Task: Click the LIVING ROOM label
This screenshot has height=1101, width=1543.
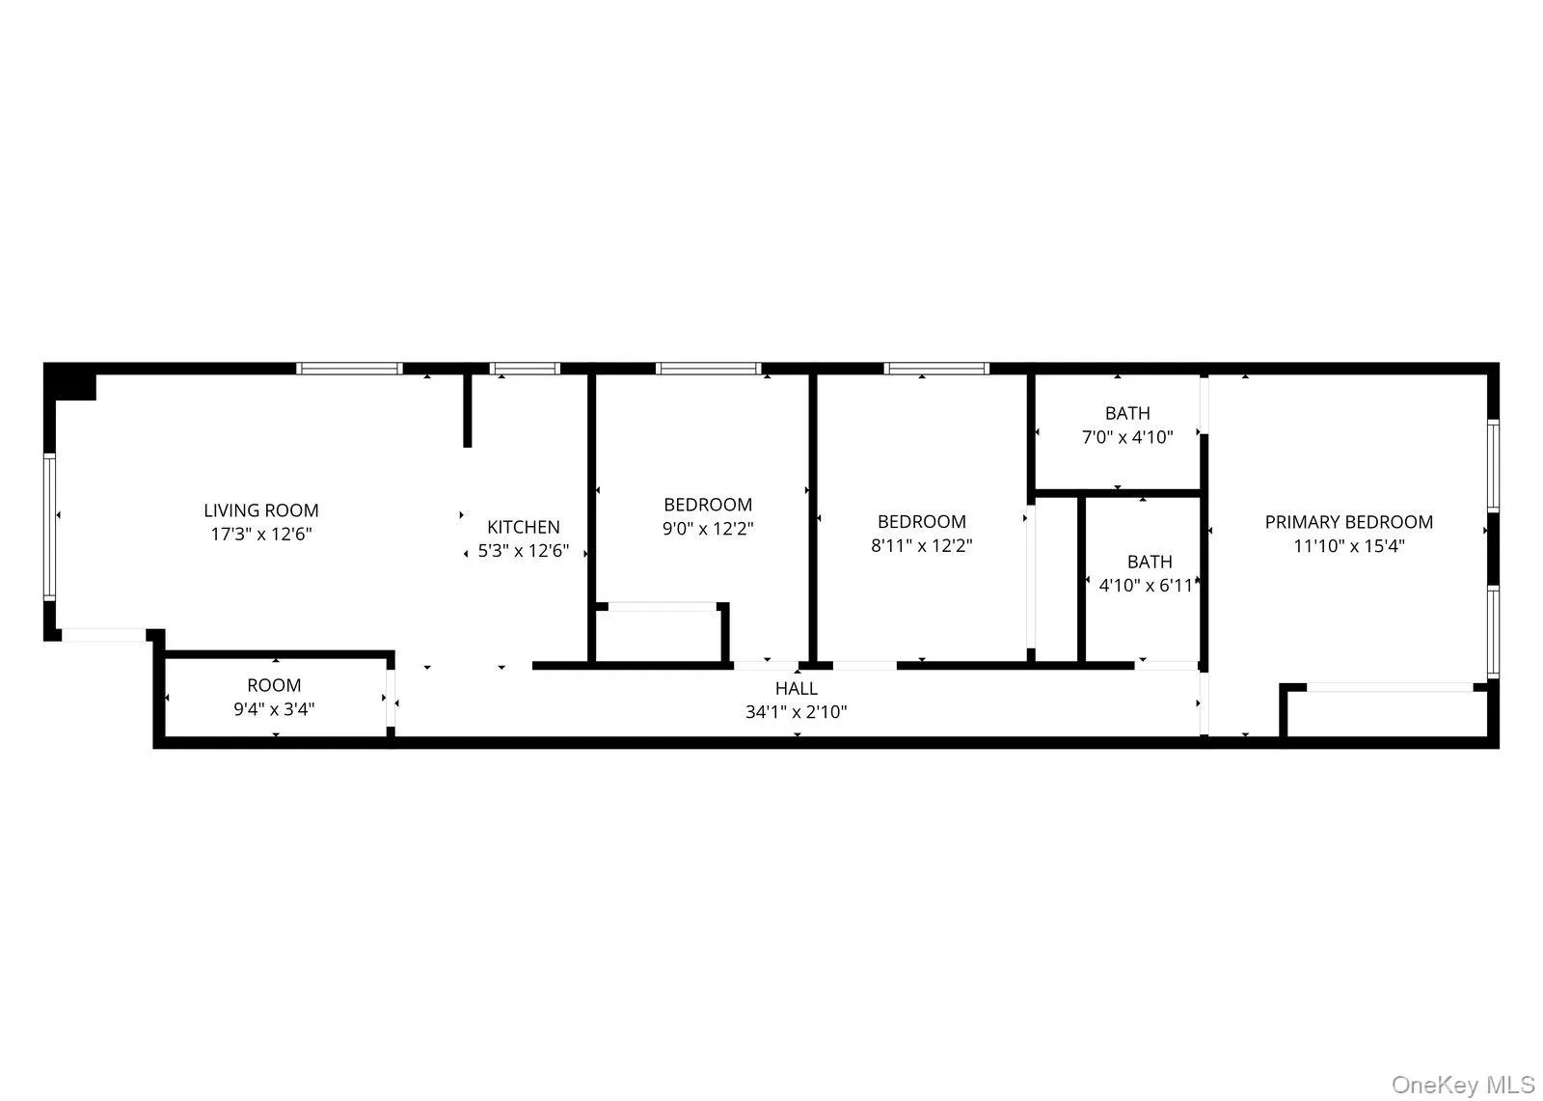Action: tap(260, 510)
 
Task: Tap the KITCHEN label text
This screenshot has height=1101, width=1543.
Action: tap(523, 527)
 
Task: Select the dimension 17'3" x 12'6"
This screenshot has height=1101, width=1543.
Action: tap(260, 534)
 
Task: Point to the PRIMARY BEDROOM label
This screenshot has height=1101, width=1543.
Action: tap(1348, 522)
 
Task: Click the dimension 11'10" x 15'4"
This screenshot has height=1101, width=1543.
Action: tap(1348, 546)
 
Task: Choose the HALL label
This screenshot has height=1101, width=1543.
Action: tap(796, 688)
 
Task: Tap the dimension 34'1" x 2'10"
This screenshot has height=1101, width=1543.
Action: tap(796, 713)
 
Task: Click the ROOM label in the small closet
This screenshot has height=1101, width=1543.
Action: tap(274, 685)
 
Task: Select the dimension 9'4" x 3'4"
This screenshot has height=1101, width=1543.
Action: tap(274, 709)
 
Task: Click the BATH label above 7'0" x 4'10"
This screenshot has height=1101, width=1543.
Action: tap(1126, 413)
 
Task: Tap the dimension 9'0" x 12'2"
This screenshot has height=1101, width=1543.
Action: tap(708, 529)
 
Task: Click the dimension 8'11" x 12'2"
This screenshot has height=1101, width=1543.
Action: tap(921, 546)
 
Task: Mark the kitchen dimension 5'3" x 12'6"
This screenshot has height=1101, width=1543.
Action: tap(523, 552)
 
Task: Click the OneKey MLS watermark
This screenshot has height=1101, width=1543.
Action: tap(1462, 1085)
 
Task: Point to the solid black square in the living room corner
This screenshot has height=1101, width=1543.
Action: tap(75, 383)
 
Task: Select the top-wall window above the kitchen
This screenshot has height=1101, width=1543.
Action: tap(524, 368)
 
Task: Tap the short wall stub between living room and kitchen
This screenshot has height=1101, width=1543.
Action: tap(468, 410)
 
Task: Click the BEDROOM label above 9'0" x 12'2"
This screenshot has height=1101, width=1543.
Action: tap(708, 505)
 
